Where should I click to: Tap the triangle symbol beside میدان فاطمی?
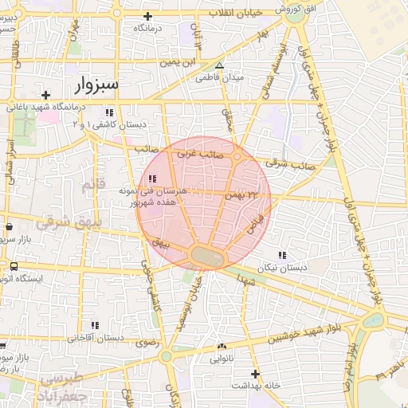click(x=220, y=66)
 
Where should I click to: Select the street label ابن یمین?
click(x=177, y=61)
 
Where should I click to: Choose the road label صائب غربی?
click(x=198, y=151)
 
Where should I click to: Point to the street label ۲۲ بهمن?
click(x=242, y=194)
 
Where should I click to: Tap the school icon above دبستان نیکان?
click(x=282, y=255)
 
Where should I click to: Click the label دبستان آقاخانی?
click(x=95, y=337)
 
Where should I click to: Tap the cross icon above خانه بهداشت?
click(x=255, y=373)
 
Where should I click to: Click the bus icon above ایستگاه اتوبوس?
click(x=14, y=266)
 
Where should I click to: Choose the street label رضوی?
click(x=144, y=343)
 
